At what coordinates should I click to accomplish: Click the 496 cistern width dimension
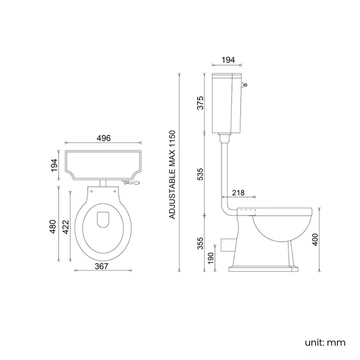coord(104,138)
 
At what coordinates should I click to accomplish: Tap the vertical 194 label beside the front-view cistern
coord(54,164)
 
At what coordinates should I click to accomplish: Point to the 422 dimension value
coord(65,227)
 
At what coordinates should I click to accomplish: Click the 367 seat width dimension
coord(101,266)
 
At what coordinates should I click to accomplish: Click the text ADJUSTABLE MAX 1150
coord(172,174)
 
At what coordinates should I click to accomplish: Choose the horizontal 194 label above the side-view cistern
coord(227,59)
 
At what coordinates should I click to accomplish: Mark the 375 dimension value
coord(201,103)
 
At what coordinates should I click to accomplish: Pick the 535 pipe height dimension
coord(201,174)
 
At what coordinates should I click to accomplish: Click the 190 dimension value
coord(211,258)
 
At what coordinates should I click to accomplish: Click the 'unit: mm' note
coord(325,342)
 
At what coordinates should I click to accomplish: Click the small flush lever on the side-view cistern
coord(245,85)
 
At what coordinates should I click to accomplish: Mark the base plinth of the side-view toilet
coord(264,270)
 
